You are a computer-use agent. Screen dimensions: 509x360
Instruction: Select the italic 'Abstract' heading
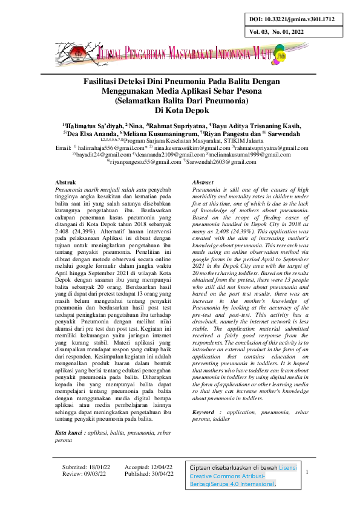(203, 183)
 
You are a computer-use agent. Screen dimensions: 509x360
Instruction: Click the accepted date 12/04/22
(160, 467)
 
